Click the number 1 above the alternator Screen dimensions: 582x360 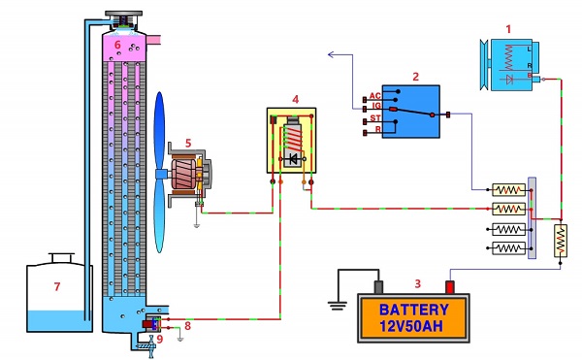tap(508, 29)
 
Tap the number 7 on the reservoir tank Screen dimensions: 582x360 tap(57, 286)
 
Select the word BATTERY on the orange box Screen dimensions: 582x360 tap(414, 310)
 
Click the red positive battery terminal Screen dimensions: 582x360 tap(450, 287)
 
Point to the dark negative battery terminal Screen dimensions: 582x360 tap(378, 287)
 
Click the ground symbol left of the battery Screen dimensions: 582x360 tap(338, 306)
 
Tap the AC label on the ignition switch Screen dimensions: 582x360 tap(374, 96)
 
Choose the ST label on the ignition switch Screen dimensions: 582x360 tap(375, 118)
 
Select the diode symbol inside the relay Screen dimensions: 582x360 tap(293, 159)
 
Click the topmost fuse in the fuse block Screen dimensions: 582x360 tap(508, 190)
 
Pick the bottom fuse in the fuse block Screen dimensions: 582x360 tap(508, 247)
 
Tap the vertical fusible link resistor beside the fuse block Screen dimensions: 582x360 tap(561, 241)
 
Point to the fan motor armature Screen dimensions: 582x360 tap(183, 174)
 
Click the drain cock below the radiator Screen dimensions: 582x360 tap(150, 346)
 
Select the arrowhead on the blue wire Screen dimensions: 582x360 tap(332, 55)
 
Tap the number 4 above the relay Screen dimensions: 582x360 tap(296, 100)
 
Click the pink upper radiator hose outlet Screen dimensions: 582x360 tap(154, 40)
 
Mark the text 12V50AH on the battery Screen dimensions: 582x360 tap(411, 326)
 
